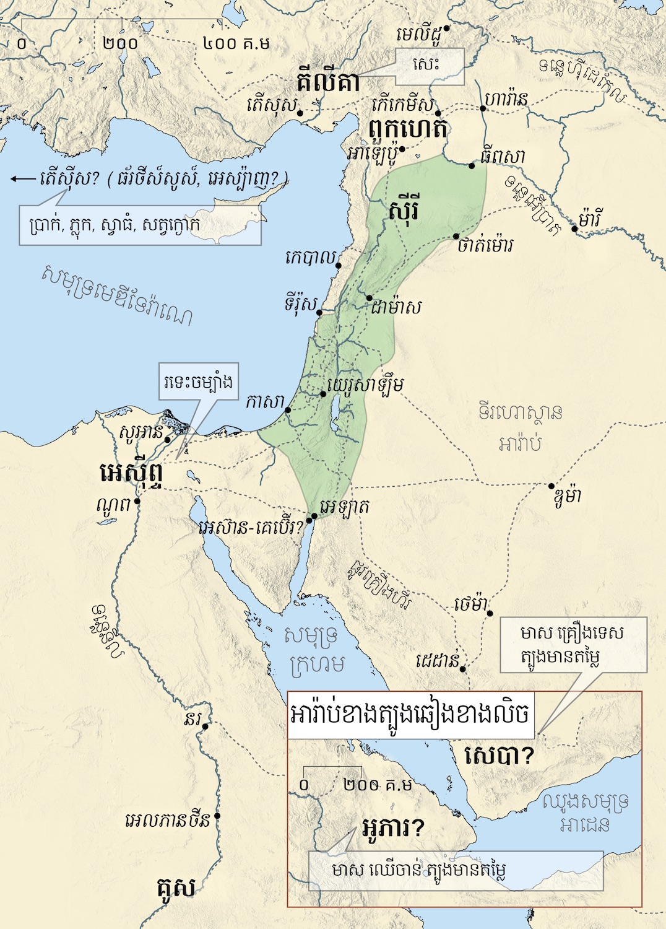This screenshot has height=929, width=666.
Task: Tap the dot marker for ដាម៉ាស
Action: (x=370, y=298)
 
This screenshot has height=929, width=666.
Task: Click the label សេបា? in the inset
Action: (x=499, y=755)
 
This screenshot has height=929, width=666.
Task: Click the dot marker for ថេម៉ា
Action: (x=490, y=613)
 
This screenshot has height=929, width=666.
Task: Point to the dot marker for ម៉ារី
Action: (x=574, y=229)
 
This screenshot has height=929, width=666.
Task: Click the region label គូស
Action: (x=176, y=888)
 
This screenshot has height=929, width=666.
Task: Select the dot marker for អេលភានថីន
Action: (x=217, y=816)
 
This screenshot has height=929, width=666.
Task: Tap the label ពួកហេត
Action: (x=407, y=129)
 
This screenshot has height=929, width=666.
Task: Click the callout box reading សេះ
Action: (x=430, y=66)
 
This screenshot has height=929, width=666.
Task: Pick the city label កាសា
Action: (x=264, y=402)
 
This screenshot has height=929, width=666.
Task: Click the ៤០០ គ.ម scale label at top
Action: (x=236, y=43)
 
